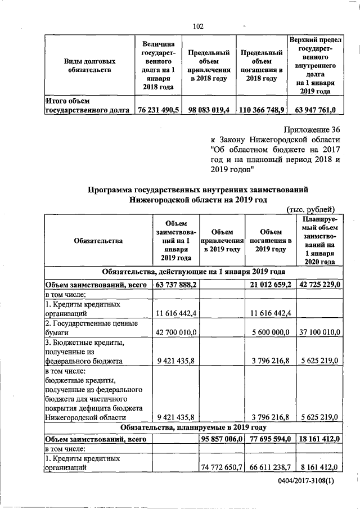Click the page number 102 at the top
pyautogui.click(x=198, y=26)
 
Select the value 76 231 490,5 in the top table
pyautogui.click(x=158, y=111)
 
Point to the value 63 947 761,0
pyautogui.click(x=314, y=111)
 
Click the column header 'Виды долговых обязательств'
pyautogui.click(x=85, y=65)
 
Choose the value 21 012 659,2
pyautogui.click(x=271, y=285)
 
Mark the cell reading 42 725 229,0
pyautogui.click(x=319, y=285)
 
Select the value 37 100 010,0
pyautogui.click(x=319, y=333)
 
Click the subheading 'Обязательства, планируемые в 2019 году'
pyautogui.click(x=193, y=429)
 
